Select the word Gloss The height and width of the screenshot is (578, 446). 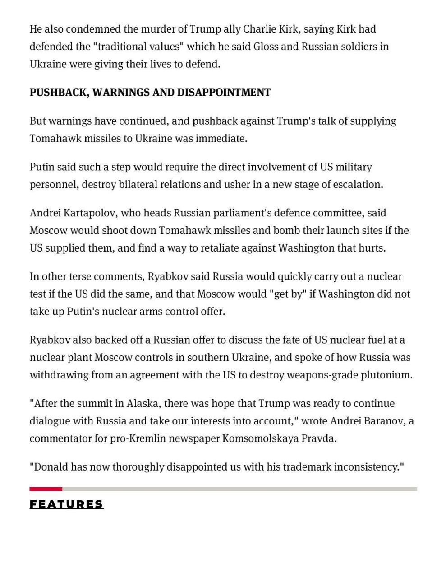coord(266,47)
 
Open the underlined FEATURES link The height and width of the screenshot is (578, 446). coord(66,504)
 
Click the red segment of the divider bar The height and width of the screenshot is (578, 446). coord(46,489)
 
